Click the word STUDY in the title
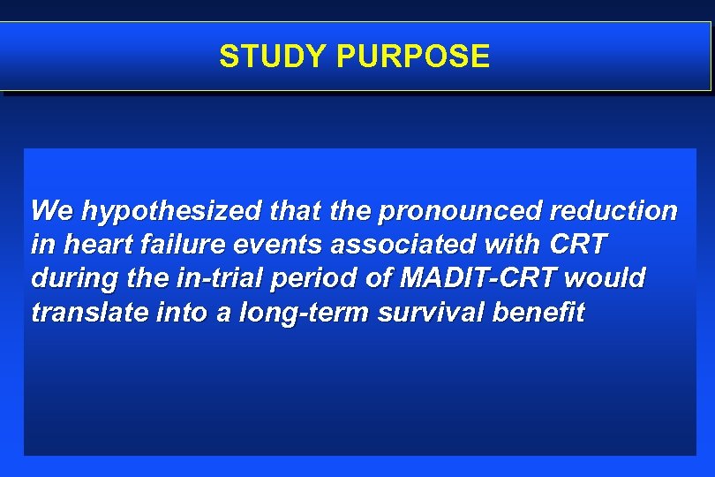pyautogui.click(x=274, y=57)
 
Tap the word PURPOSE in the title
pyautogui.click(x=412, y=57)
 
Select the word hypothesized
pyautogui.click(x=170, y=212)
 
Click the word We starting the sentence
pyautogui.click(x=52, y=211)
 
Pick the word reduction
pyautogui.click(x=613, y=211)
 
